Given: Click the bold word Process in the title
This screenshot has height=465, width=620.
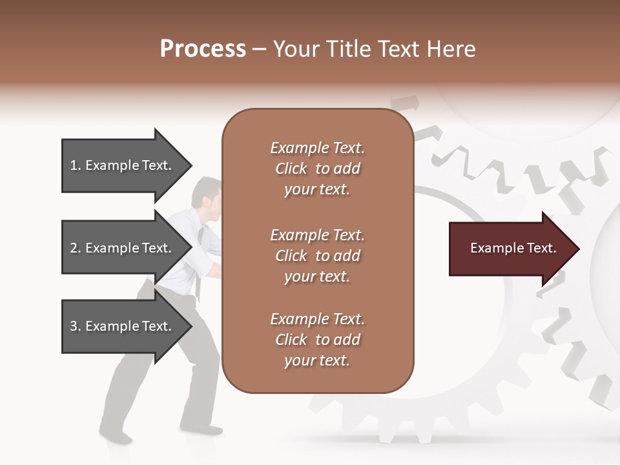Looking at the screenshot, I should pyautogui.click(x=203, y=49).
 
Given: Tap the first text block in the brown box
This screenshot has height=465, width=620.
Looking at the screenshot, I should pyautogui.click(x=317, y=169).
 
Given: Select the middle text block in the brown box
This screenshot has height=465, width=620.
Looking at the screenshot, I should pyautogui.click(x=317, y=256).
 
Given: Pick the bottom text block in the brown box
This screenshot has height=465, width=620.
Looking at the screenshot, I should pyautogui.click(x=317, y=340).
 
